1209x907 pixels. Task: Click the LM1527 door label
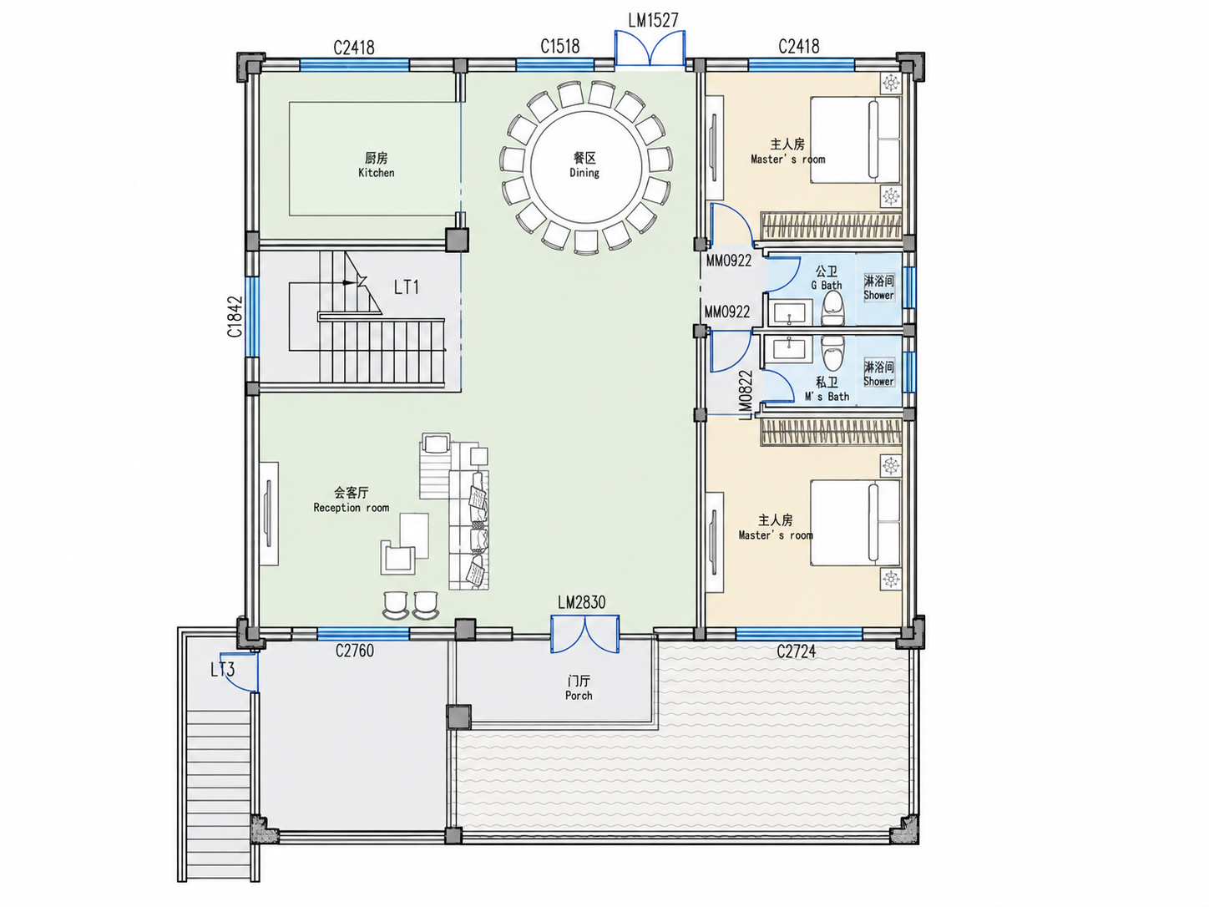(x=653, y=20)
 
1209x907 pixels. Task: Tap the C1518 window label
(x=559, y=46)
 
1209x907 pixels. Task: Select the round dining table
(x=586, y=167)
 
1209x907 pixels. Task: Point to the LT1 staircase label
(x=407, y=287)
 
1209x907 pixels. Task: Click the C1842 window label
(x=235, y=317)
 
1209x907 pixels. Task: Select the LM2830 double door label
(x=582, y=602)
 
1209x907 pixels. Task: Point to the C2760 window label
(x=355, y=651)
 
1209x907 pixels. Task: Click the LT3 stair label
(x=223, y=670)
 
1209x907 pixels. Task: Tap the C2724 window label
(x=797, y=652)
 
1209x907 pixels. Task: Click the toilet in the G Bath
(x=832, y=308)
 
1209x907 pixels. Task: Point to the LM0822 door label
(x=746, y=395)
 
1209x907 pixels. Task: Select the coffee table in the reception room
(x=414, y=535)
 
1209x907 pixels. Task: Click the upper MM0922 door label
(x=729, y=261)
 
